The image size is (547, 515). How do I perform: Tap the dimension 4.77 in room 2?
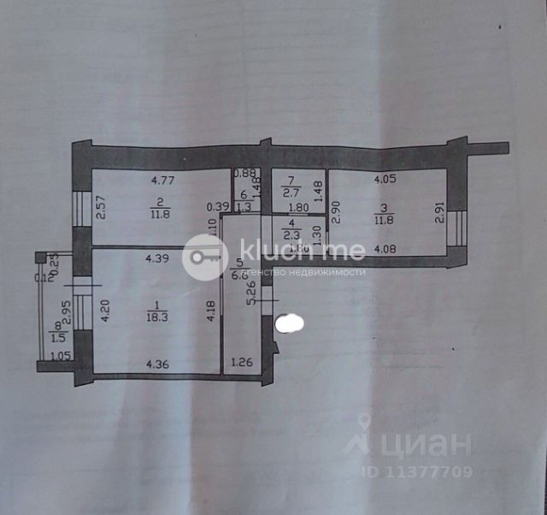pyautogui.click(x=162, y=181)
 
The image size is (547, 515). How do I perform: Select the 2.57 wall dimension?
pyautogui.click(x=100, y=208)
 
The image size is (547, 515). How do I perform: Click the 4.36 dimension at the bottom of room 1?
pyautogui.click(x=157, y=364)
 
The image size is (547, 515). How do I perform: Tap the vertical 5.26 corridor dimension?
pyautogui.click(x=250, y=293)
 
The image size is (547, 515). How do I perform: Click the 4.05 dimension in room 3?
pyautogui.click(x=385, y=181)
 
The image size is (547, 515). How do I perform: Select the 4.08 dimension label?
pyautogui.click(x=386, y=250)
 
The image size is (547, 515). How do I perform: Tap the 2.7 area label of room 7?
pyautogui.click(x=291, y=194)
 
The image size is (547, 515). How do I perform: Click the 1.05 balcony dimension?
pyautogui.click(x=59, y=357)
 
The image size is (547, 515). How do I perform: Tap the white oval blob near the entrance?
pyautogui.click(x=291, y=323)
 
